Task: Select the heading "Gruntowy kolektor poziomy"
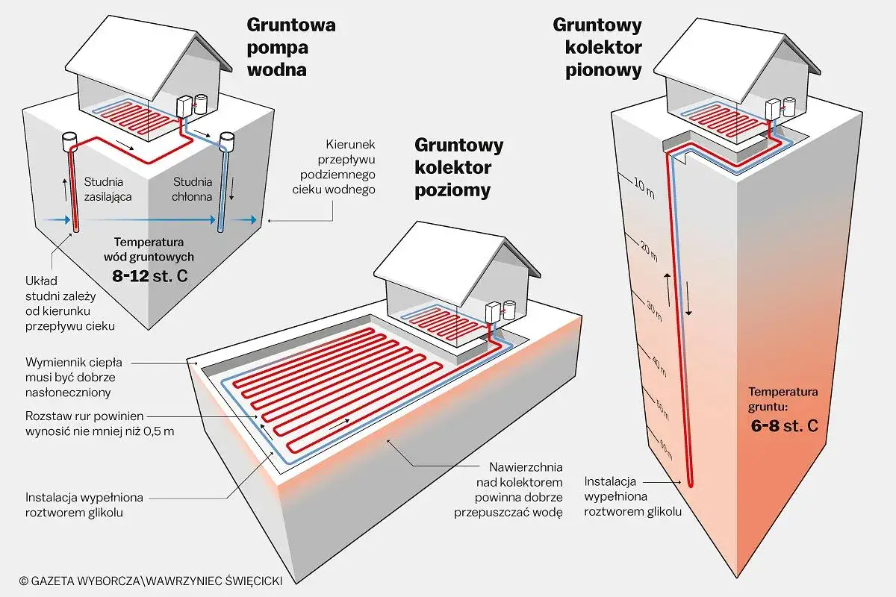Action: tap(458, 167)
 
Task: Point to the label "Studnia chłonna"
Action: tap(193, 188)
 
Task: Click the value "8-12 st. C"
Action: tap(154, 274)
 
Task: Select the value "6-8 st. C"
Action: tap(783, 426)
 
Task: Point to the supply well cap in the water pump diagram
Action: tap(71, 140)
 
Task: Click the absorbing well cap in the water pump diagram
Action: tap(228, 139)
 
